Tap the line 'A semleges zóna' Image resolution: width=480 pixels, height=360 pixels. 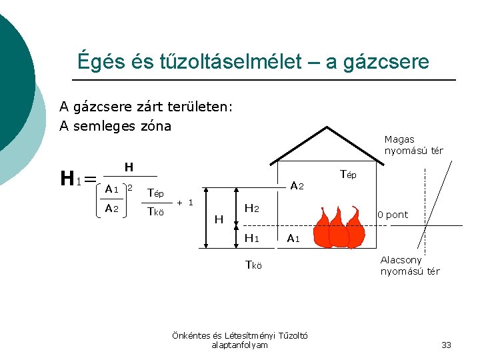click(115, 126)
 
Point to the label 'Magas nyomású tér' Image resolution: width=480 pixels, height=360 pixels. click(413, 145)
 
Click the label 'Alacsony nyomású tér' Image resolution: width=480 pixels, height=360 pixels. click(410, 265)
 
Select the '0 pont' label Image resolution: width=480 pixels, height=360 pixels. click(393, 215)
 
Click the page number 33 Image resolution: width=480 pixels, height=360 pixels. click(446, 345)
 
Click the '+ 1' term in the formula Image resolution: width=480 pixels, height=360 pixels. click(185, 202)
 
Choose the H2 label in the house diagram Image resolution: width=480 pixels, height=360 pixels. click(252, 209)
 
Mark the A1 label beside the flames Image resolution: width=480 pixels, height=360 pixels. click(293, 238)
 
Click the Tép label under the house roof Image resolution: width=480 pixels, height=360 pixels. click(348, 175)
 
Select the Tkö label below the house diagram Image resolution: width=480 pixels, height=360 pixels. click(253, 264)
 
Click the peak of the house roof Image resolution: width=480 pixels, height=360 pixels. click(327, 127)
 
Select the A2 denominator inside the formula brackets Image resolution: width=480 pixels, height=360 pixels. click(111, 209)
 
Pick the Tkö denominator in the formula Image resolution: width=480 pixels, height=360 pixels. click(155, 212)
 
